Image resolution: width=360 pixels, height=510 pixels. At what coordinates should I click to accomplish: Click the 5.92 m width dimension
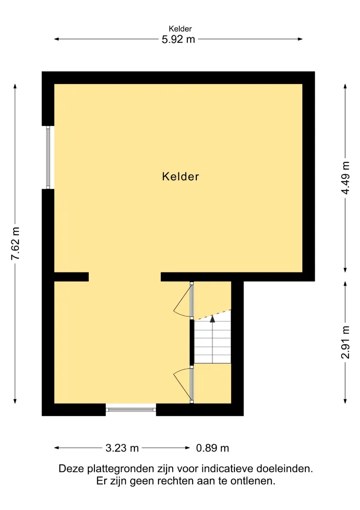tap(178, 39)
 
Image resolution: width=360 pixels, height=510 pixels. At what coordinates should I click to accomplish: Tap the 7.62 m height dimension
tap(15, 244)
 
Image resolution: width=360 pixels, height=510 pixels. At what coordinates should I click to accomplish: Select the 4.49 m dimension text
tap(345, 178)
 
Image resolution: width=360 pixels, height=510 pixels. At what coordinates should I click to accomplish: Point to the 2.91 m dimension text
tap(345, 342)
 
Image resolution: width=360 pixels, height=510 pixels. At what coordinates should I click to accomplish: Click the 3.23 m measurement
tap(122, 448)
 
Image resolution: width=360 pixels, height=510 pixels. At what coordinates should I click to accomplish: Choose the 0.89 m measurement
tap(212, 448)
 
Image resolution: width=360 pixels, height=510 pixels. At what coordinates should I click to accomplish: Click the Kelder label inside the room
tap(180, 177)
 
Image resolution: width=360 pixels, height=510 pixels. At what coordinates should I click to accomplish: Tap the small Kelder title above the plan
tap(180, 29)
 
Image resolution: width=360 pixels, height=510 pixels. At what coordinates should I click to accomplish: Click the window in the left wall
tap(48, 157)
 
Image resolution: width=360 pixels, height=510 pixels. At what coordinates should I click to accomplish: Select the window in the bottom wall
tap(131, 409)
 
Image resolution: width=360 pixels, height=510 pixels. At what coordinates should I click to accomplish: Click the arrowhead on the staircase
tap(212, 319)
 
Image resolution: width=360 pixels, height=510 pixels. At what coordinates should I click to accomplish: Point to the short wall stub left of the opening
tap(71, 277)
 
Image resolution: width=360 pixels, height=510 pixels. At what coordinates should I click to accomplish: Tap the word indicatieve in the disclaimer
tap(227, 469)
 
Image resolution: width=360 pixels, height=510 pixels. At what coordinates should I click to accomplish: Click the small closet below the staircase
tap(212, 383)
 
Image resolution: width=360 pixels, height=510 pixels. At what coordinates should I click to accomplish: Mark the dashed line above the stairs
tap(212, 315)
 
